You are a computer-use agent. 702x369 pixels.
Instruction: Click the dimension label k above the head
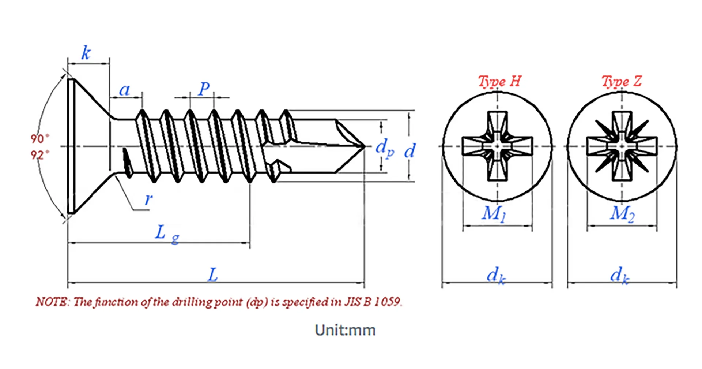coord(86,53)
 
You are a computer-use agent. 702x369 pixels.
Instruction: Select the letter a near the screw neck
coord(125,90)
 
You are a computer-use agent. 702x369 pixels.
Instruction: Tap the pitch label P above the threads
coord(204,89)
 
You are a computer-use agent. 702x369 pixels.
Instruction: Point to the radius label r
coord(148,200)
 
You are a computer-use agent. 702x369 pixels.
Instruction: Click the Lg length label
coord(167,234)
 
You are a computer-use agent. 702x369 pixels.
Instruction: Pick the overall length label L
coord(213,275)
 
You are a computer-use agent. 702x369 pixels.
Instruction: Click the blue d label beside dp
coord(409,150)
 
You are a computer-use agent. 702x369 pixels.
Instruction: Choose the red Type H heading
coord(499,81)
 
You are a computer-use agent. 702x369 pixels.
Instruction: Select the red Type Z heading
coord(622,81)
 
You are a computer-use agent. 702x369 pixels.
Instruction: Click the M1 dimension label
coord(494,214)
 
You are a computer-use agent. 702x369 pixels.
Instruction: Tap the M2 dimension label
coord(622,214)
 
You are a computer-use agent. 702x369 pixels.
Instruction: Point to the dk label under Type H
coord(496,275)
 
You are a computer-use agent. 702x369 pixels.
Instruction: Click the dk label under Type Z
coord(620,275)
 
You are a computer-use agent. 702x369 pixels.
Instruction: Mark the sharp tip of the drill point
coord(364,146)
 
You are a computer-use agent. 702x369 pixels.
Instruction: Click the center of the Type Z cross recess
coord(622,146)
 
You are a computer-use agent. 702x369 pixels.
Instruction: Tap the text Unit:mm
coord(345,330)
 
